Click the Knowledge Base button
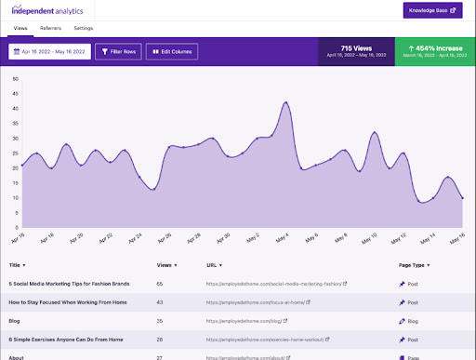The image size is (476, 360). [x=432, y=11]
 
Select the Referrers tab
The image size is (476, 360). [x=50, y=29]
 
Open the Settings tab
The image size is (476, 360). [x=83, y=29]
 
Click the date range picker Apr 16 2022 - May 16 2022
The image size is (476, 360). [x=49, y=51]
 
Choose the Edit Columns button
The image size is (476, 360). [x=172, y=51]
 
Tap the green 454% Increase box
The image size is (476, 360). [x=432, y=51]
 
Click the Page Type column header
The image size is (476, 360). [x=411, y=265]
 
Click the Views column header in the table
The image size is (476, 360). [x=165, y=265]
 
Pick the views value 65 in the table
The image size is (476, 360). [x=160, y=283]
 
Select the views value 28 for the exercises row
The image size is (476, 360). [x=160, y=341]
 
